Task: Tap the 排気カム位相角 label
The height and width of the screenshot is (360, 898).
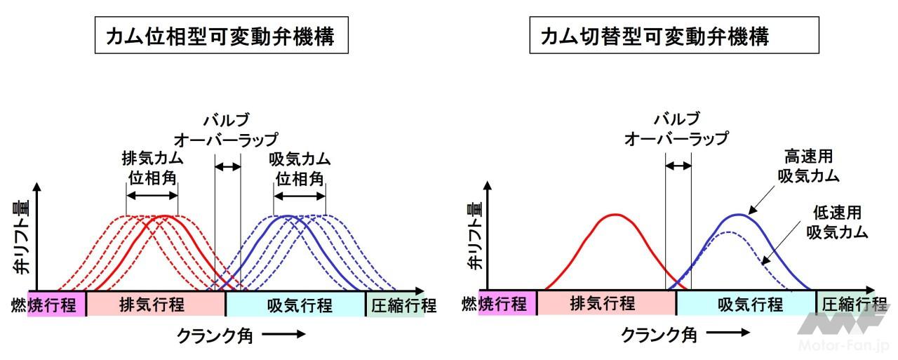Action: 152,168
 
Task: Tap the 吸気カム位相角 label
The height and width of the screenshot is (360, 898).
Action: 300,168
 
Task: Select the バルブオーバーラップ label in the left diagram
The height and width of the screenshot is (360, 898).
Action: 227,128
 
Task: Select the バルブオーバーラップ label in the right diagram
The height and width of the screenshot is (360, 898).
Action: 676,128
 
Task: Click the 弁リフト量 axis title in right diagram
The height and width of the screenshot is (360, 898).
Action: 475,236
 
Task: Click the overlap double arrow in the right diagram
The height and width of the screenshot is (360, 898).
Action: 678,166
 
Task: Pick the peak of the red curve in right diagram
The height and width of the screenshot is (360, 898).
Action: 615,214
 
